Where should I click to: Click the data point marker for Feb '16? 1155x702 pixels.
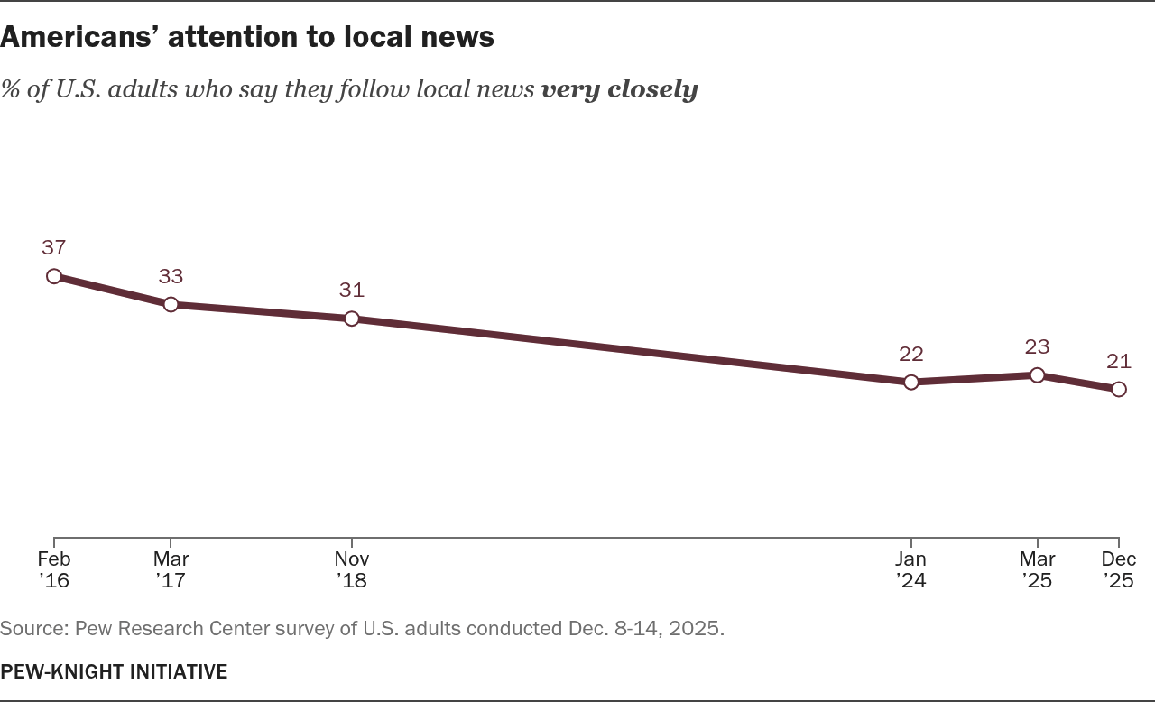pyautogui.click(x=54, y=276)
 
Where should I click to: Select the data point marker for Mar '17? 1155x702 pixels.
pyautogui.click(x=171, y=304)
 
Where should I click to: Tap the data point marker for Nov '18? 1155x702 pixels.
pyautogui.click(x=352, y=319)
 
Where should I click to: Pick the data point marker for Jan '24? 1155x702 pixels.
pyautogui.click(x=911, y=382)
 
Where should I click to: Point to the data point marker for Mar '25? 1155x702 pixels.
pyautogui.click(x=1037, y=374)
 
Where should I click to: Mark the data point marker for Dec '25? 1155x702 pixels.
pyautogui.click(x=1119, y=389)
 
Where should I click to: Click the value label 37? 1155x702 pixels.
pyautogui.click(x=54, y=247)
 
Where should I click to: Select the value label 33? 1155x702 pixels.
pyautogui.click(x=171, y=275)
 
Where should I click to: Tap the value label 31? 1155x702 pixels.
pyautogui.click(x=352, y=290)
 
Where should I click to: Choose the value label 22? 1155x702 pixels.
pyautogui.click(x=911, y=354)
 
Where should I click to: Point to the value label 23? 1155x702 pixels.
pyautogui.click(x=1037, y=346)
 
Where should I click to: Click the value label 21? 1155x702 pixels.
pyautogui.click(x=1119, y=361)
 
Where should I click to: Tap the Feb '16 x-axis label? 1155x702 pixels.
pyautogui.click(x=54, y=569)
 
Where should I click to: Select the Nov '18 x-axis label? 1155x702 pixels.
pyautogui.click(x=352, y=569)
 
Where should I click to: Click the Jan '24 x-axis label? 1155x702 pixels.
pyautogui.click(x=911, y=569)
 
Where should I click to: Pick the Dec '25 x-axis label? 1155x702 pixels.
pyautogui.click(x=1119, y=569)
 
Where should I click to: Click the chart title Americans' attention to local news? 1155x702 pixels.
pyautogui.click(x=247, y=36)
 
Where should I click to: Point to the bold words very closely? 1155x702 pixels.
pyautogui.click(x=619, y=89)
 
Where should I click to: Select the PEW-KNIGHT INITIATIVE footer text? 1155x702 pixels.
pyautogui.click(x=114, y=671)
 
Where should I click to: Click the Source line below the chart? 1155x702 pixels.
pyautogui.click(x=362, y=628)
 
